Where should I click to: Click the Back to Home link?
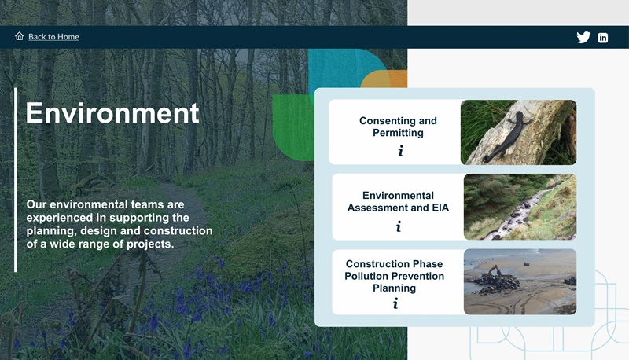click(53, 37)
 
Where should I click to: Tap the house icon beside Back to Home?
click(20, 36)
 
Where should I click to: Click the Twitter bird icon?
click(583, 37)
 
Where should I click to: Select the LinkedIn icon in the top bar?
click(603, 37)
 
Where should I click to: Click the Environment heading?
click(112, 113)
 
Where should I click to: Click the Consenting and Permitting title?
click(398, 127)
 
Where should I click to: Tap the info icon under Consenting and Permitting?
click(400, 151)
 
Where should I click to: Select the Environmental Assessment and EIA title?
click(398, 201)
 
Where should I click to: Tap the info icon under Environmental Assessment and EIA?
click(399, 226)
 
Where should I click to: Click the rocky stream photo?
click(519, 207)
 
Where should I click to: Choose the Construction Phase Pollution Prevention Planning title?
click(394, 276)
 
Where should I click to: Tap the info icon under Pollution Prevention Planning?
click(395, 303)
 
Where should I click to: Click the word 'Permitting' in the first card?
click(398, 133)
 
